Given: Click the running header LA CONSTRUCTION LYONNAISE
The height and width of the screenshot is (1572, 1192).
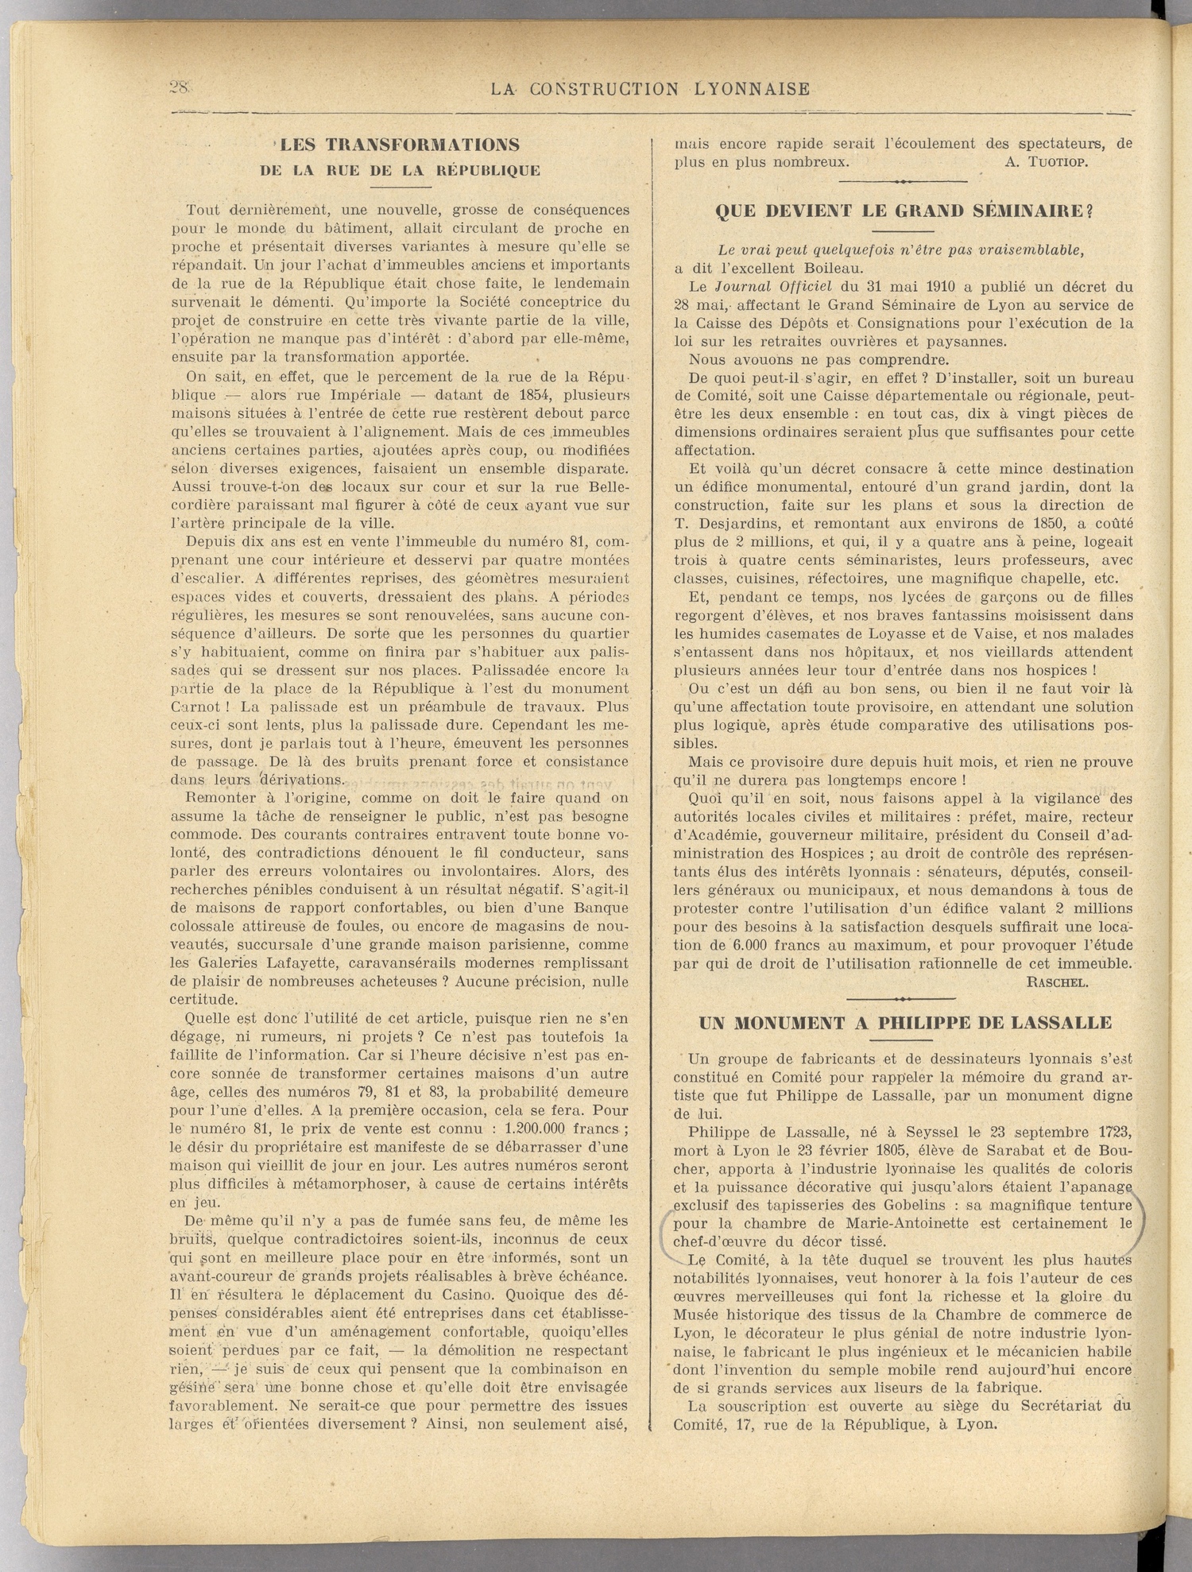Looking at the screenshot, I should (x=650, y=89).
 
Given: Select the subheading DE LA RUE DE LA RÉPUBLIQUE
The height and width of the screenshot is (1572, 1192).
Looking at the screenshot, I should (x=400, y=170).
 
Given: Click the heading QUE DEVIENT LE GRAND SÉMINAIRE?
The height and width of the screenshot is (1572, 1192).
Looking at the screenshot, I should (x=904, y=211).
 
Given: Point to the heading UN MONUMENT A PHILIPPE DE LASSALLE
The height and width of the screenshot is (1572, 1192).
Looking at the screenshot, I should (x=904, y=1023).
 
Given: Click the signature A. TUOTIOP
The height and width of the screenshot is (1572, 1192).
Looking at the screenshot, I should (x=1046, y=163).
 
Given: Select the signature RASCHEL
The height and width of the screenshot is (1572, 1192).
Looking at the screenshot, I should (x=1057, y=982).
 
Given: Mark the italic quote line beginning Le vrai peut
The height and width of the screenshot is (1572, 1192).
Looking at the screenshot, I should (x=900, y=250).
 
